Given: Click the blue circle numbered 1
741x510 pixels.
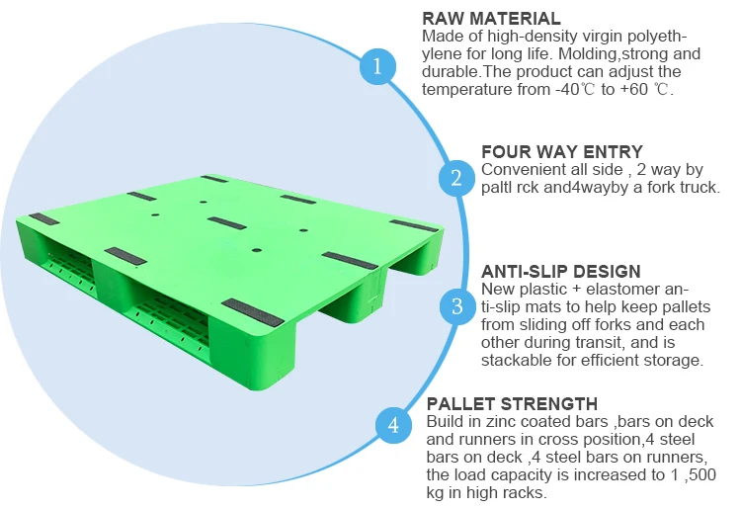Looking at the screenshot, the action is pyautogui.click(x=377, y=66).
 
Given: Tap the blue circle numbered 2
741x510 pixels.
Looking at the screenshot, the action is pyautogui.click(x=456, y=178).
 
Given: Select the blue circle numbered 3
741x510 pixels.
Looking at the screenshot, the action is pyautogui.click(x=457, y=306).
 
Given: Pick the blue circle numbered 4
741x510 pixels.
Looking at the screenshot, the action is pyautogui.click(x=393, y=425).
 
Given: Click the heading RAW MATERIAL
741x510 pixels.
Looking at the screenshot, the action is pyautogui.click(x=491, y=19).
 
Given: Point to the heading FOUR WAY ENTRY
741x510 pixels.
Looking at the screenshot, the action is pyautogui.click(x=562, y=152).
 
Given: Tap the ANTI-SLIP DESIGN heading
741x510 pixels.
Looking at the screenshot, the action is pyautogui.click(x=561, y=271).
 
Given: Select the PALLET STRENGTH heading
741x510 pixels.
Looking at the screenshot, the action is pyautogui.click(x=512, y=403).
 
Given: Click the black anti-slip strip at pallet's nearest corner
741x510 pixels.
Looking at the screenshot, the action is pyautogui.click(x=253, y=312).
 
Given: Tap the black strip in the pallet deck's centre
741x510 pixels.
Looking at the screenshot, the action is pyautogui.click(x=227, y=223).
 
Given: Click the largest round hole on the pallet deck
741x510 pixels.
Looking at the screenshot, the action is pyautogui.click(x=257, y=250).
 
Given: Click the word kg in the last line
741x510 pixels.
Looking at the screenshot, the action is pyautogui.click(x=436, y=493).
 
